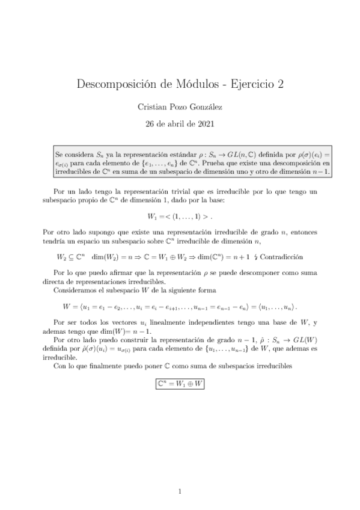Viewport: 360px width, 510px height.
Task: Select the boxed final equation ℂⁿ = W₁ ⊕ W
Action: tap(180, 382)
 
